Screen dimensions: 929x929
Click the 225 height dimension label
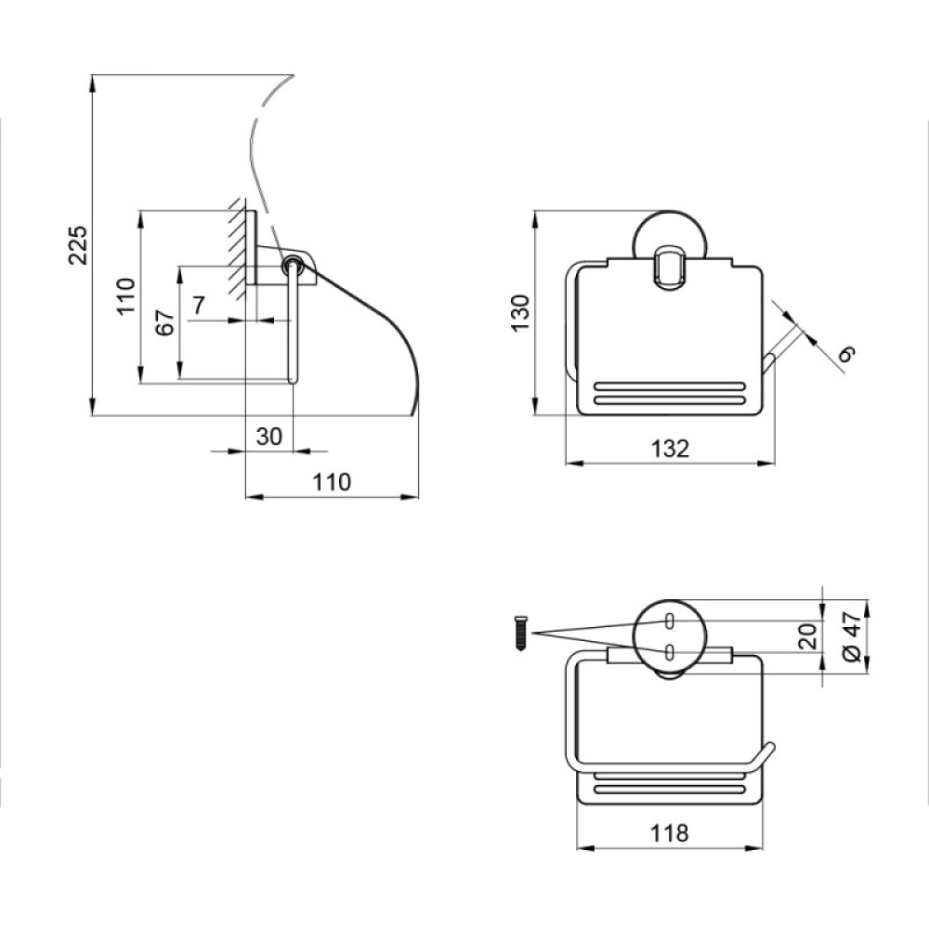[x=78, y=244]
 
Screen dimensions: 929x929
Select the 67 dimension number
[x=166, y=322]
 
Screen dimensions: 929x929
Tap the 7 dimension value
[x=198, y=306]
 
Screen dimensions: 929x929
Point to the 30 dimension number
[x=269, y=437]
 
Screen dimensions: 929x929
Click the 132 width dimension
[x=670, y=449]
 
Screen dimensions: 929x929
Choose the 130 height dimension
[x=520, y=312]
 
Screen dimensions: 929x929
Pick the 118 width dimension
[x=670, y=833]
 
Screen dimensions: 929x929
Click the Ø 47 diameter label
[x=851, y=636]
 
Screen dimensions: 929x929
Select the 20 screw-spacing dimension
[x=809, y=636]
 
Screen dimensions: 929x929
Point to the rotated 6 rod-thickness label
[x=848, y=355]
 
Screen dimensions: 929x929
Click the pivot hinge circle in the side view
[x=292, y=265]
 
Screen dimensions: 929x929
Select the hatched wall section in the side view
[x=238, y=248]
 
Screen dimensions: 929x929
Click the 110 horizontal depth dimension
[x=332, y=482]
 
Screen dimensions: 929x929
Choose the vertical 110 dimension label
[x=126, y=296]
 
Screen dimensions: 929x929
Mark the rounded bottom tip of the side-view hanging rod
[x=293, y=381]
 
